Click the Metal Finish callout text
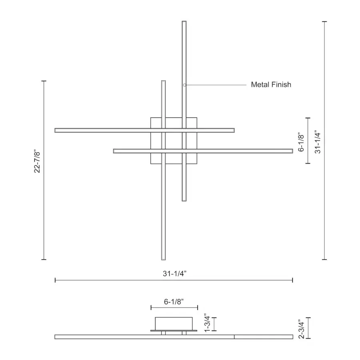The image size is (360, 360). pyautogui.click(x=271, y=84)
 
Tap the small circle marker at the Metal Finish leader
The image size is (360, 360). pyautogui.click(x=184, y=85)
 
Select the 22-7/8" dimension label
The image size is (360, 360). pyautogui.click(x=37, y=161)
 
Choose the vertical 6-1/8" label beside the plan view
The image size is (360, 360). pyautogui.click(x=302, y=142)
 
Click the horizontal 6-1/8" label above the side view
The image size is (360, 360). pyautogui.click(x=174, y=302)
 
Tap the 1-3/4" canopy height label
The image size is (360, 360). pyautogui.click(x=207, y=323)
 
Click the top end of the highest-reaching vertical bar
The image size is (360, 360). pyautogui.click(x=184, y=22)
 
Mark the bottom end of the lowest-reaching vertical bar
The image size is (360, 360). pyautogui.click(x=163, y=259)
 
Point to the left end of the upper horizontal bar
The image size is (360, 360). pyautogui.click(x=56, y=130)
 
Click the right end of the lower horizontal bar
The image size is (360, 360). pyautogui.click(x=292, y=151)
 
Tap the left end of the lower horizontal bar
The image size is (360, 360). pyautogui.click(x=114, y=151)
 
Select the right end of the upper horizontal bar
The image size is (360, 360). pyautogui.click(x=234, y=130)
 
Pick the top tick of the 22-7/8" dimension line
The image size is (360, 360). pyautogui.click(x=44, y=81)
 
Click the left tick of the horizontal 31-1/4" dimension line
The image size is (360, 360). pyautogui.click(x=55, y=280)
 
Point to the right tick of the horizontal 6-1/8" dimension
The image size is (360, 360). pyautogui.click(x=198, y=307)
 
